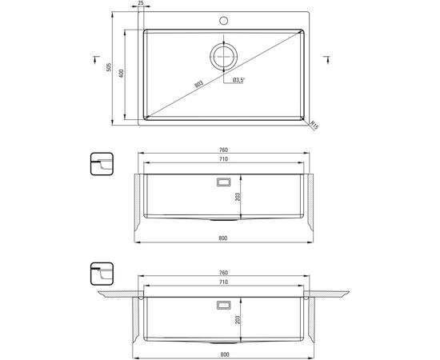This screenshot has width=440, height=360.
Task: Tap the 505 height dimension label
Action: point(109,67)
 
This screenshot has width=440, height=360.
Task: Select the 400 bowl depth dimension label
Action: point(122,74)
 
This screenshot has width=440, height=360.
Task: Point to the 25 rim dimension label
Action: point(141,3)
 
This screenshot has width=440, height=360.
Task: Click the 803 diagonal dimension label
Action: point(198,84)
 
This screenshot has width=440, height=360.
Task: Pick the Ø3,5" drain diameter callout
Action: point(239,81)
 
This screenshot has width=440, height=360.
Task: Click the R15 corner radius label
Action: point(314,125)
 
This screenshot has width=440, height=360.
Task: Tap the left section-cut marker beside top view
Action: point(96,59)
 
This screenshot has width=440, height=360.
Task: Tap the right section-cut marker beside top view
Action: point(327,59)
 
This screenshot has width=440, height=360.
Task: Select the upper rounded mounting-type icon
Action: point(102,164)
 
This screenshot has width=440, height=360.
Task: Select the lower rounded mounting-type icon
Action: point(102,274)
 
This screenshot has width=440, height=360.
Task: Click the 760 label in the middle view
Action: point(224,150)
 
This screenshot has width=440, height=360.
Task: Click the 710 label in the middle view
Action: point(224,159)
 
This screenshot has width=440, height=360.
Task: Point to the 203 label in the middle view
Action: point(238,197)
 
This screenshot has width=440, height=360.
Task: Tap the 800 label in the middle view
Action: point(223,238)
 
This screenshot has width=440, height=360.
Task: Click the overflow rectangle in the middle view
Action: point(224,182)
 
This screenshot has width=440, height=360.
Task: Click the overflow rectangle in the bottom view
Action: point(224,305)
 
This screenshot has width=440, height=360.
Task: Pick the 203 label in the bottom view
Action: point(238,319)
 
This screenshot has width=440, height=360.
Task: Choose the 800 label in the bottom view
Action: point(225,354)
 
